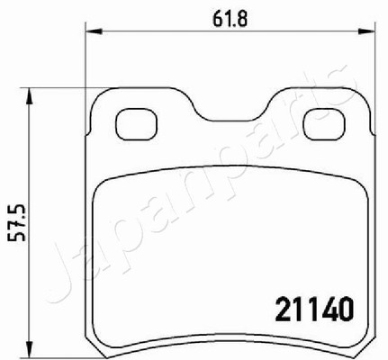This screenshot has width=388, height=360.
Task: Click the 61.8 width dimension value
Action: pyautogui.click(x=230, y=20)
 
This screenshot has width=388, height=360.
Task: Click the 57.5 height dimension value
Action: pyautogui.click(x=17, y=223)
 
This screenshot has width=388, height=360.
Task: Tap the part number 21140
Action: pyautogui.click(x=314, y=310)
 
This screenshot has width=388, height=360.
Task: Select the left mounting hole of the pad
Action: pyautogui.click(x=136, y=124)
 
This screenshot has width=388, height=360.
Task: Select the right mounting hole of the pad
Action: pyautogui.click(x=324, y=124)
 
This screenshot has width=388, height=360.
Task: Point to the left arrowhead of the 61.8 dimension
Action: pyautogui.click(x=94, y=31)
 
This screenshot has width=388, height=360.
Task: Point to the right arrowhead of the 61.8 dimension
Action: pyautogui.click(x=366, y=31)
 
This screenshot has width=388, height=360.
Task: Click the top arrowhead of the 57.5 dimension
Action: pyautogui.click(x=29, y=96)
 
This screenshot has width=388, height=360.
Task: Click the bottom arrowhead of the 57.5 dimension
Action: pyautogui.click(x=29, y=349)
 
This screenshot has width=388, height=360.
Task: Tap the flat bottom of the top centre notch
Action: pyautogui.click(x=230, y=121)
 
